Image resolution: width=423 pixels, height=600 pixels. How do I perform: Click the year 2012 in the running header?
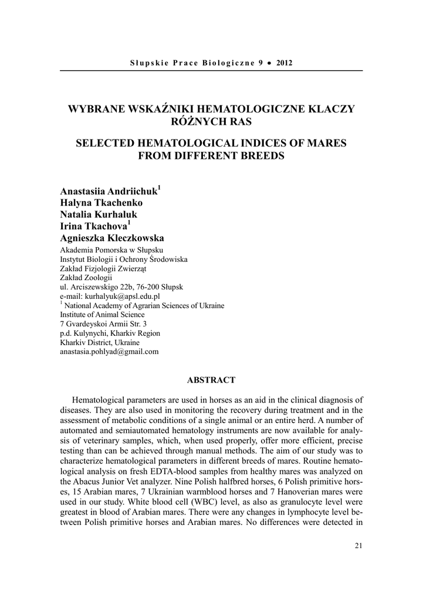click(x=284, y=62)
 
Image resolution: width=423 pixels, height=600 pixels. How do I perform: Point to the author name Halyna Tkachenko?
click(x=101, y=203)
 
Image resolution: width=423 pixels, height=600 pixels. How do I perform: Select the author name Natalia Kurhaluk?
click(x=99, y=214)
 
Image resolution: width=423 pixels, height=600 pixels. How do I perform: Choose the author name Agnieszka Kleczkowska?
click(x=113, y=238)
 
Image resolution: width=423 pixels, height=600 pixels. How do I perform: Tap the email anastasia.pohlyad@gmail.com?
click(x=110, y=352)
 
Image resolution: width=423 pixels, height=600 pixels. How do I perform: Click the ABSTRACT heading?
click(x=211, y=380)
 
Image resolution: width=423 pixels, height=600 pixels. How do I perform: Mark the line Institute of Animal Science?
click(x=103, y=314)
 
